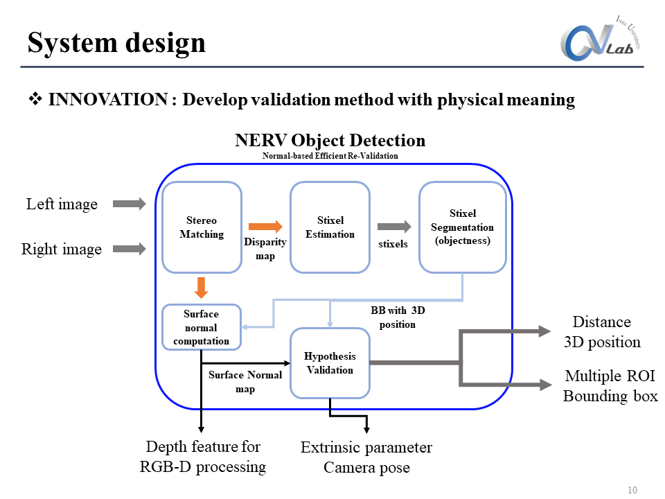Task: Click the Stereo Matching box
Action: tap(202, 227)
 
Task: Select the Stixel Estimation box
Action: tap(330, 227)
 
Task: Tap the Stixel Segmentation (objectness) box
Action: tap(462, 227)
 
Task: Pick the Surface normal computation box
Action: tap(201, 327)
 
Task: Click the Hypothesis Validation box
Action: tap(330, 362)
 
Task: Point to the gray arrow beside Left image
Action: tap(130, 204)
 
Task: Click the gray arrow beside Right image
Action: tap(130, 248)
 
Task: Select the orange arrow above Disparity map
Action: tap(265, 226)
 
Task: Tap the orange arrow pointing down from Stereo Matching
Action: tap(202, 287)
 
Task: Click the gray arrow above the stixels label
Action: tap(393, 226)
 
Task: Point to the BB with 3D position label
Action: tap(398, 317)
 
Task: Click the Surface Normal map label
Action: tap(245, 382)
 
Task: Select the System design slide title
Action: tap(116, 42)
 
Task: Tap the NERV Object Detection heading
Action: tap(330, 141)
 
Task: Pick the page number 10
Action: tap(632, 490)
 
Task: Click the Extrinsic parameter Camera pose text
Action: tap(366, 457)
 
